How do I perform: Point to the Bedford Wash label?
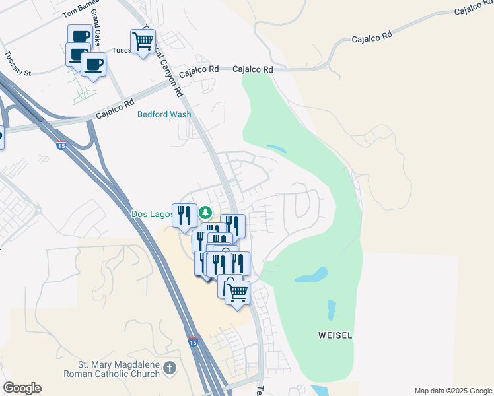pos(164,114)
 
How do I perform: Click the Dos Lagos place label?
pos(151,214)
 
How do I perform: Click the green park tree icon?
pos(206,213)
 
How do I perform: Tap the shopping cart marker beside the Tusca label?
pos(143,42)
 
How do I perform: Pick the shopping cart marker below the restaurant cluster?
pos(237,292)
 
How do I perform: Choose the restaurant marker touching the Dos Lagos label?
pos(184,214)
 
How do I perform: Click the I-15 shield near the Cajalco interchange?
pos(61,145)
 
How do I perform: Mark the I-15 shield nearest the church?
pos(192,342)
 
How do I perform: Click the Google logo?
pos(22,388)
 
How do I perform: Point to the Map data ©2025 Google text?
pos(452,391)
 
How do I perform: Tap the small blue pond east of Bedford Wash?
pos(276,149)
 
